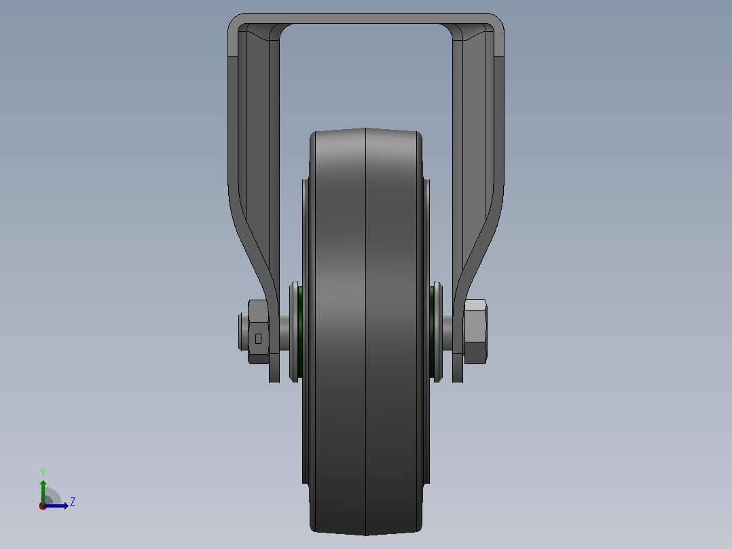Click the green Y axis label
tap(43, 472)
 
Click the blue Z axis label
tap(73, 502)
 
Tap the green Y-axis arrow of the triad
tap(43, 492)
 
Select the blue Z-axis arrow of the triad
tap(56, 506)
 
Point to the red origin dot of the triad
tap(43, 506)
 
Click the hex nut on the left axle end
tap(258, 332)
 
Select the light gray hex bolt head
tap(475, 332)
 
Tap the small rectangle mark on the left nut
tap(258, 338)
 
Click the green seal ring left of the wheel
tap(300, 332)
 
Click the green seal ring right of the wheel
tap(432, 332)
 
